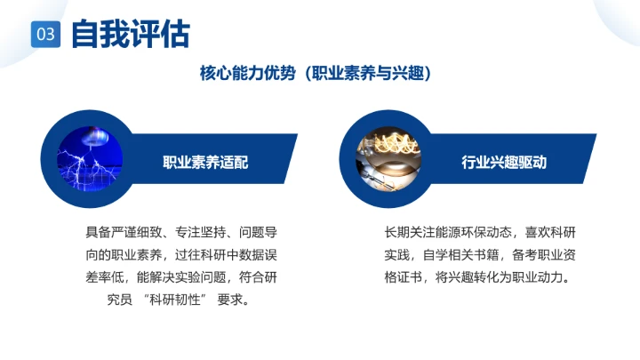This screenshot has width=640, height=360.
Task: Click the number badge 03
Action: (x=46, y=35)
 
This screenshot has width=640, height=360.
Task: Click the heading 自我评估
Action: (x=130, y=34)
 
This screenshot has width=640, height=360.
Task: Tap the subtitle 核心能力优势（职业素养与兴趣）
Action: (x=319, y=75)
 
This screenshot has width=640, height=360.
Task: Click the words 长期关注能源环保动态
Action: (x=449, y=234)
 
